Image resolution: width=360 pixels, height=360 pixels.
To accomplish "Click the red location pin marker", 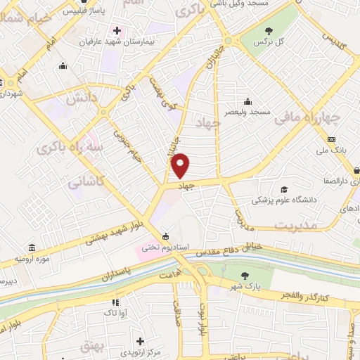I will (181, 165).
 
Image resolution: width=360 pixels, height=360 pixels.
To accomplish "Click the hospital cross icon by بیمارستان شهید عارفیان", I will (117, 32).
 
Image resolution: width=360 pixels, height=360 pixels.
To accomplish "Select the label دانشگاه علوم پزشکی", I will (285, 200).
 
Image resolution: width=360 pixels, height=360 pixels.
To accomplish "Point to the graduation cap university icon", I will (284, 189).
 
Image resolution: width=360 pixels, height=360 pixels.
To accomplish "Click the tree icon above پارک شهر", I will (244, 276).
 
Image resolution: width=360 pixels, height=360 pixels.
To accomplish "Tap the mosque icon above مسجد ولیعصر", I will (247, 101).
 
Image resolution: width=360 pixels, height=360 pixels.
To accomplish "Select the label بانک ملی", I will (332, 150).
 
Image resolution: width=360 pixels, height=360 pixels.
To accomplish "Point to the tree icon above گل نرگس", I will (269, 30).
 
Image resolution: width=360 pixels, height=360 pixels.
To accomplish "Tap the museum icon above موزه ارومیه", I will (33, 247).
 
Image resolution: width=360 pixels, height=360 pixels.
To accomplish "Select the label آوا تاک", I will (113, 311).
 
